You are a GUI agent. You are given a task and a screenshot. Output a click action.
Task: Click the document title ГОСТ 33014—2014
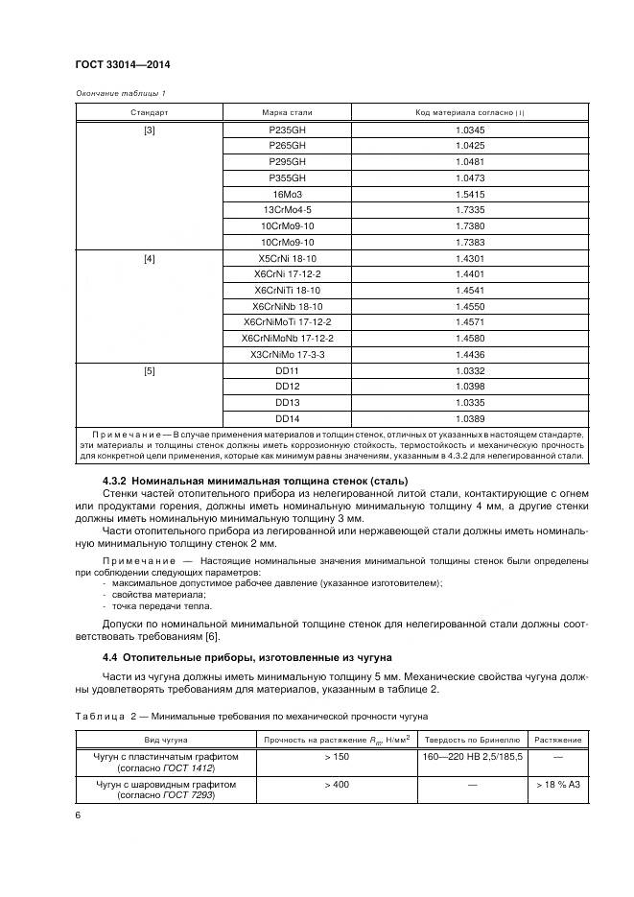(115, 65)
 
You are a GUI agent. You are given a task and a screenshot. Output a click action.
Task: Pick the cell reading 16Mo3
(289, 194)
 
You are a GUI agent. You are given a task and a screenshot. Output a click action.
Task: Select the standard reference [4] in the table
(150, 259)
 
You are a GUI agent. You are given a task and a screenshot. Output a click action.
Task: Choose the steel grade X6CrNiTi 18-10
(288, 291)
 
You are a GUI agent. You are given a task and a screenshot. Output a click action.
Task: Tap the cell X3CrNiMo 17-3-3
(288, 355)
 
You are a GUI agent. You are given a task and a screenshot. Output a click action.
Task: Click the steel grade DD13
(288, 403)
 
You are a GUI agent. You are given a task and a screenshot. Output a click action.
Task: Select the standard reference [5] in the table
(150, 371)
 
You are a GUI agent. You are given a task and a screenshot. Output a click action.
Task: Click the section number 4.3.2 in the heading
(115, 481)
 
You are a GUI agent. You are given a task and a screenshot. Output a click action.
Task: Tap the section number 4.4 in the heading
(111, 657)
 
